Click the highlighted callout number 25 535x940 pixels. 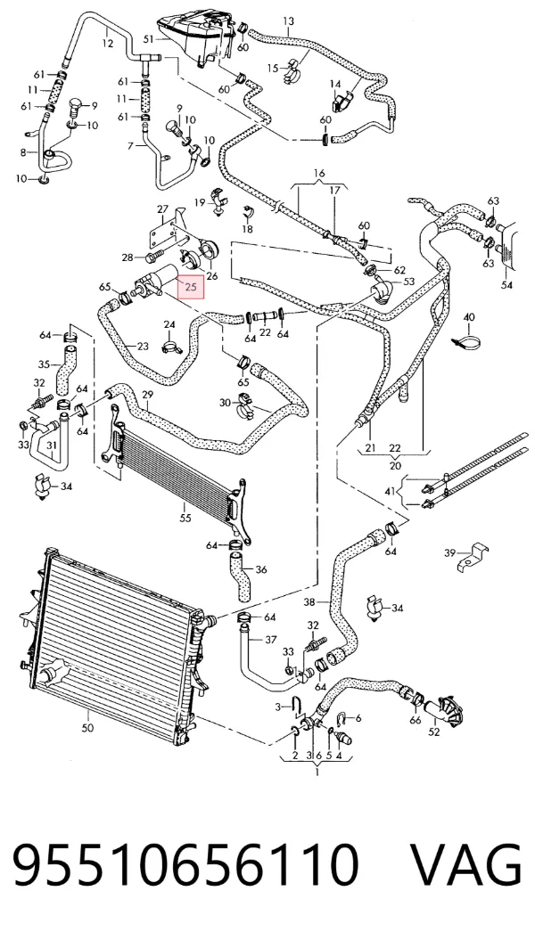pyautogui.click(x=191, y=287)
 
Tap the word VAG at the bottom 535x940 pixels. pyautogui.click(x=465, y=865)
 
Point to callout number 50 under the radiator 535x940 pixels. pyautogui.click(x=87, y=728)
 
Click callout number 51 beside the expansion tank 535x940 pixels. pyautogui.click(x=149, y=39)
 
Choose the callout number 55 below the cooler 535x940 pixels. pyautogui.click(x=185, y=518)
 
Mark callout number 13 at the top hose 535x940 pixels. pyautogui.click(x=289, y=21)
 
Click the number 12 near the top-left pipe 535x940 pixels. pyautogui.click(x=107, y=43)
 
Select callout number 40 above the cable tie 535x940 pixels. pyautogui.click(x=469, y=317)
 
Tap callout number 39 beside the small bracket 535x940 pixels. pyautogui.click(x=449, y=552)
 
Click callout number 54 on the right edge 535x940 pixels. pyautogui.click(x=506, y=285)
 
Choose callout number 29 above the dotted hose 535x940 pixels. pyautogui.click(x=148, y=394)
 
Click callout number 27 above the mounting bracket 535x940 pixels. pyautogui.click(x=162, y=209)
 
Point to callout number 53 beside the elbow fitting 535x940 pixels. pyautogui.click(x=409, y=282)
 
